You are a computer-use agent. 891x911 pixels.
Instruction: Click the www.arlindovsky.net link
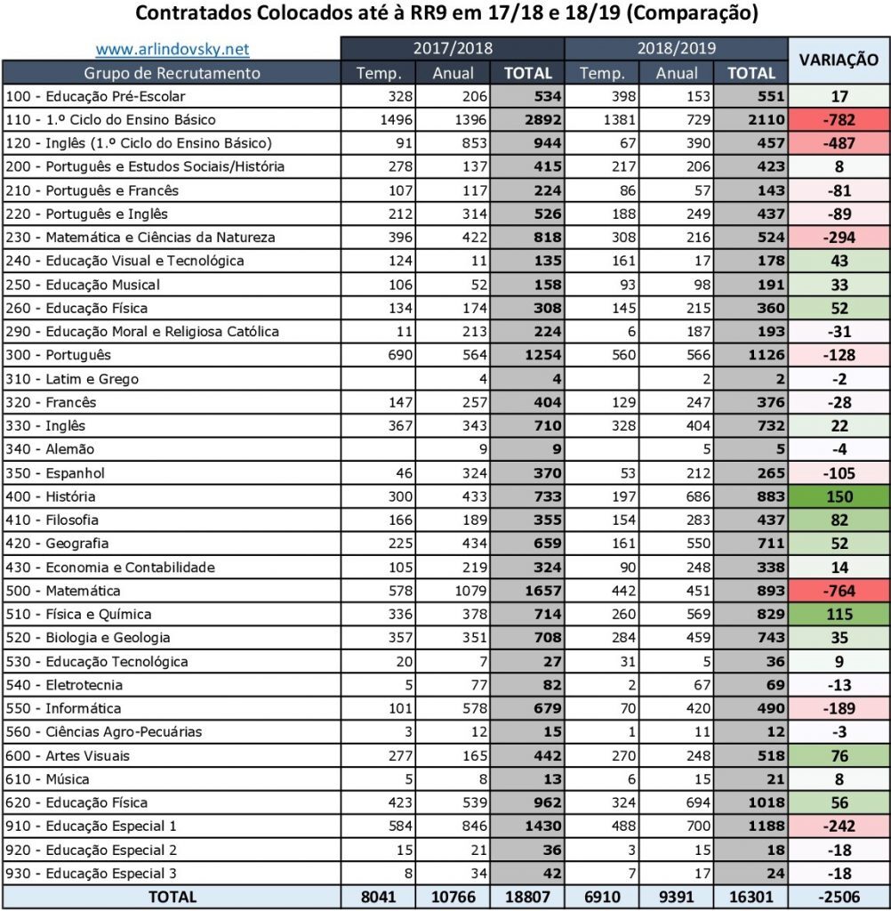click(x=173, y=49)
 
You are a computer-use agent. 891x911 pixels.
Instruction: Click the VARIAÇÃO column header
click(x=839, y=60)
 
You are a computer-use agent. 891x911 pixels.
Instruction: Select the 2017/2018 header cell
click(x=453, y=49)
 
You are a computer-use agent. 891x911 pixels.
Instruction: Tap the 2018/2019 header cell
click(x=677, y=49)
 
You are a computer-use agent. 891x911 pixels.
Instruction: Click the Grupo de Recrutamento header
click(x=173, y=73)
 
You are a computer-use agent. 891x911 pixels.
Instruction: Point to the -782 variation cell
click(x=839, y=120)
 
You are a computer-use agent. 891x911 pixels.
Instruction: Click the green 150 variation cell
click(x=839, y=496)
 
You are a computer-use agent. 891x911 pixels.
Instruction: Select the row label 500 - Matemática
click(x=62, y=591)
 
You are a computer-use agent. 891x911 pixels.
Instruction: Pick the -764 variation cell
click(x=839, y=591)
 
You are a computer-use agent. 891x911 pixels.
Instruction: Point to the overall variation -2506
click(x=839, y=897)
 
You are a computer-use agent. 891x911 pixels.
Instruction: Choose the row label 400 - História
click(x=50, y=496)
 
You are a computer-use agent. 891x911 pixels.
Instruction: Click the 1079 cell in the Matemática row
click(x=456, y=591)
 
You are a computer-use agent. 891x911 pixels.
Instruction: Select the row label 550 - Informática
click(x=63, y=709)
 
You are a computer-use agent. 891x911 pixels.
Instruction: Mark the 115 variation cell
click(x=839, y=615)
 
